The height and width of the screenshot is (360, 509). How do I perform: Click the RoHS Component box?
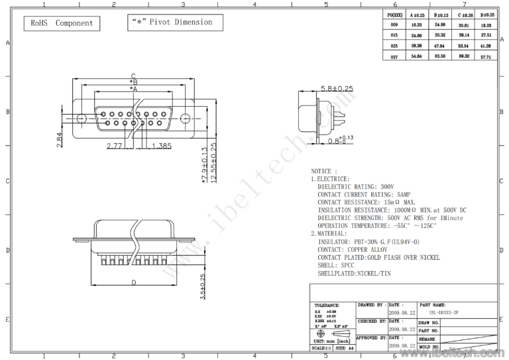tap(62, 23)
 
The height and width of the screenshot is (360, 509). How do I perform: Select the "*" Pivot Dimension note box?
tap(175, 23)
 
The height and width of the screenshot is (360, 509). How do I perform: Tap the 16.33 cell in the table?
tap(417, 24)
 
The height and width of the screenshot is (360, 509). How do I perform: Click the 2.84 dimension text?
tap(59, 140)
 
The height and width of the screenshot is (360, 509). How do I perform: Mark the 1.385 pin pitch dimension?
tap(162, 145)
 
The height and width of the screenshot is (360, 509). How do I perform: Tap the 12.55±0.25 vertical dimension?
tap(213, 163)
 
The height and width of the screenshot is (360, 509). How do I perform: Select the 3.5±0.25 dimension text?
tap(203, 288)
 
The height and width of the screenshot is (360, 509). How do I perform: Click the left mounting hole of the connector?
tap(81, 119)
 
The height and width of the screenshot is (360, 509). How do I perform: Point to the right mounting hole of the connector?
tap(186, 119)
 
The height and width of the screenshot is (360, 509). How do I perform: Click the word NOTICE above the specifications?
tap(321, 171)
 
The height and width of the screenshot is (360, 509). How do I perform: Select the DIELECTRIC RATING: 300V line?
tap(356, 187)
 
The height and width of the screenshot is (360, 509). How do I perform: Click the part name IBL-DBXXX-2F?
tap(443, 311)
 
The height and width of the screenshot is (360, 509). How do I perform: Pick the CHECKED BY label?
tap(372, 321)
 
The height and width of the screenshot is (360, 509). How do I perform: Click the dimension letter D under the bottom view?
tap(133, 282)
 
